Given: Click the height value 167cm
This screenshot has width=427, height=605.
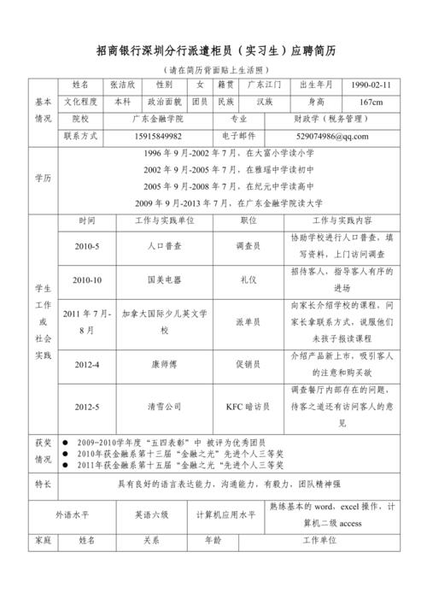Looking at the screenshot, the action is [370, 102].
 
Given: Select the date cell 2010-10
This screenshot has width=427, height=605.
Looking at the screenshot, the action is [86, 279].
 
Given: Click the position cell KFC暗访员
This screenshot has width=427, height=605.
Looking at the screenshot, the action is [248, 406].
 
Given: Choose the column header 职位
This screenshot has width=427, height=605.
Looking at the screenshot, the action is [248, 220].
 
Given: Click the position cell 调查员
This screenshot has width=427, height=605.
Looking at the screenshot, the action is [248, 246].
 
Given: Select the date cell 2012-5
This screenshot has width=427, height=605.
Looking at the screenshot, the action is [86, 406].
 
